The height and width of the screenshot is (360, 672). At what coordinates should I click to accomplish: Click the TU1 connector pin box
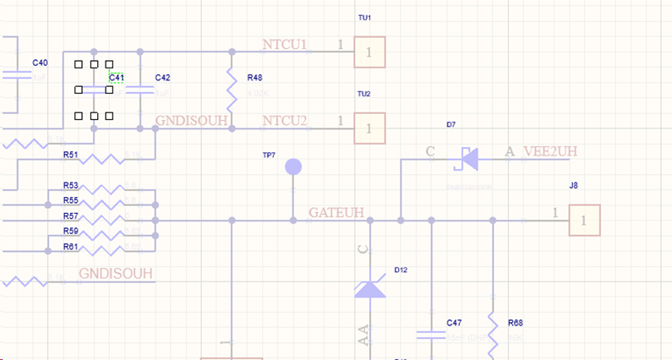[369, 52]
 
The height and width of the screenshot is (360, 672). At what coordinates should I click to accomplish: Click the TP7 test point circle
[293, 166]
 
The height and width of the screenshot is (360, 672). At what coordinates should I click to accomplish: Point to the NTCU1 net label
[284, 45]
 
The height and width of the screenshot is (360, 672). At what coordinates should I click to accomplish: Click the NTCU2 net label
[284, 121]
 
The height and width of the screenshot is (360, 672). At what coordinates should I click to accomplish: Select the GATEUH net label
[336, 212]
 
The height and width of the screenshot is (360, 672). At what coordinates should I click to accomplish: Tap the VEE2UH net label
[550, 152]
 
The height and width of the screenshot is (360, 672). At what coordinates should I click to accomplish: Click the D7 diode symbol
[466, 158]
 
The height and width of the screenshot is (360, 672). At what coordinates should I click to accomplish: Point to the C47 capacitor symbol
[431, 335]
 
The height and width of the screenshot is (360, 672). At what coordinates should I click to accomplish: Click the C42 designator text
[162, 78]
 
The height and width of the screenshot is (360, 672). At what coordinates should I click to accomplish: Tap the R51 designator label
[71, 155]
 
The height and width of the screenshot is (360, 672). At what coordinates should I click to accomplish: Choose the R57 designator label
[71, 216]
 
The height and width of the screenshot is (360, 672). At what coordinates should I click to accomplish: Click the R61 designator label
[71, 247]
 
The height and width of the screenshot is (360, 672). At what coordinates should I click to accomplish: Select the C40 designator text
[40, 63]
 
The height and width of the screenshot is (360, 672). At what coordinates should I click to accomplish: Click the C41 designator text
[117, 78]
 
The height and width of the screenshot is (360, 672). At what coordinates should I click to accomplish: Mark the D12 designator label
[401, 270]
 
